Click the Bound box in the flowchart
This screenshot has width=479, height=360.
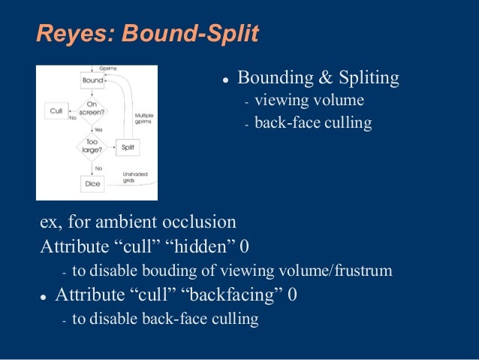[92, 79]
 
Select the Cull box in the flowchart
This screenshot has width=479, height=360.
[56, 110]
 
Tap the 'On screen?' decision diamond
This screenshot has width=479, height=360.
[92, 110]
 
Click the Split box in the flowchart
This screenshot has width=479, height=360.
[130, 147]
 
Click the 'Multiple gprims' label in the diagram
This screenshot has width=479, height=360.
[144, 119]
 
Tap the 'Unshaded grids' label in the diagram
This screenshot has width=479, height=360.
[135, 177]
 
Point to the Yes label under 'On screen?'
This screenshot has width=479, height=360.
[98, 129]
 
